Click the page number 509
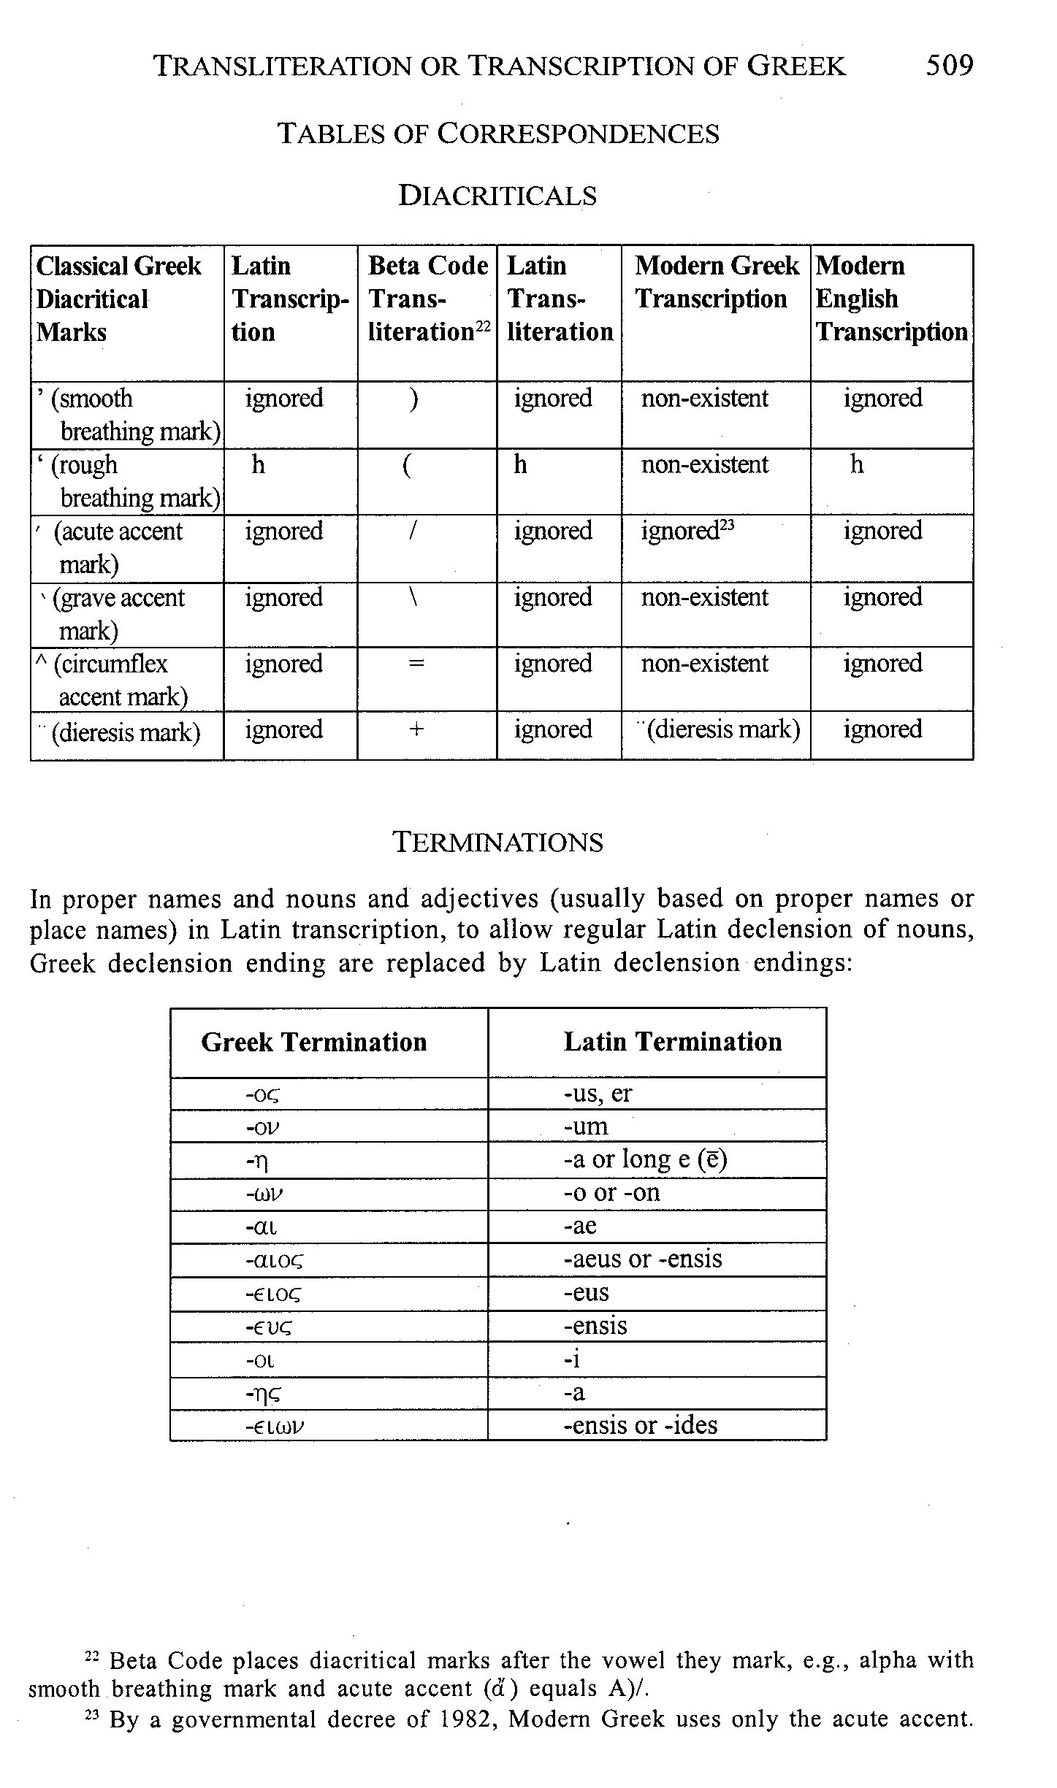[949, 66]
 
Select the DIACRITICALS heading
[497, 196]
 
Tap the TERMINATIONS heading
[498, 843]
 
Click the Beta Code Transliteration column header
[427, 299]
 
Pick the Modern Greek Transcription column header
[716, 283]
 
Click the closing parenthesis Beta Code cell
[414, 399]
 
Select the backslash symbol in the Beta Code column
[413, 598]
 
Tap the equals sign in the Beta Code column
[416, 664]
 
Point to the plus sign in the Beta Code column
[416, 729]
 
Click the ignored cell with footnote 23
[687, 532]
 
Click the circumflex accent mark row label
[114, 680]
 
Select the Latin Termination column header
[673, 1042]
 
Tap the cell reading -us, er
[598, 1093]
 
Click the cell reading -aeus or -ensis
[643, 1259]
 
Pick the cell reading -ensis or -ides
[641, 1424]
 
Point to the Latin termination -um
[586, 1126]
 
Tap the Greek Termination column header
[314, 1042]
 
